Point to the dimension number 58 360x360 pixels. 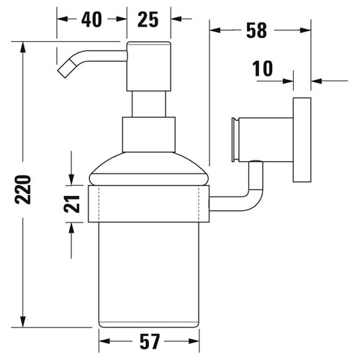(256, 30)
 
